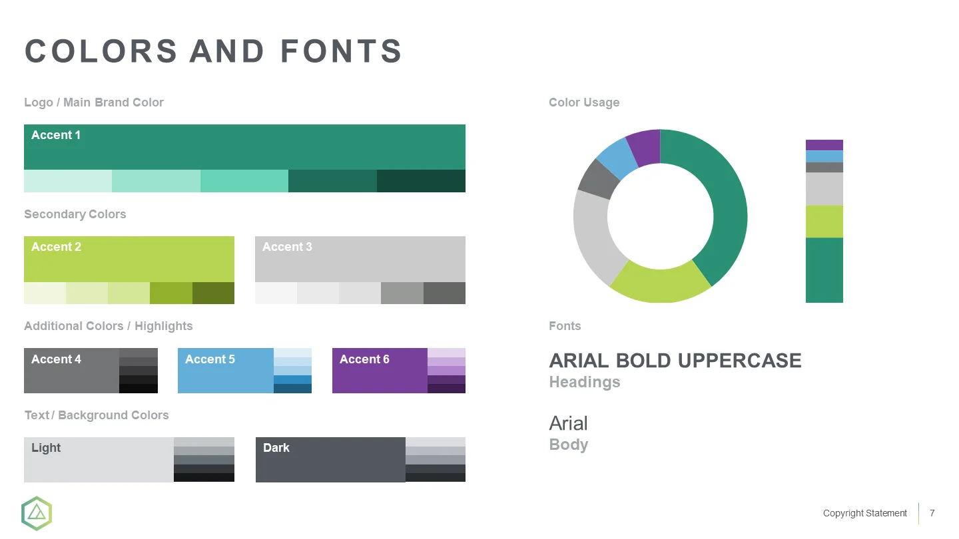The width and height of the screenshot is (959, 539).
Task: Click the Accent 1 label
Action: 56,135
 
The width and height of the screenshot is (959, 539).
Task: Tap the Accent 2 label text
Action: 56,247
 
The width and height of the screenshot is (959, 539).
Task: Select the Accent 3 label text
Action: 287,247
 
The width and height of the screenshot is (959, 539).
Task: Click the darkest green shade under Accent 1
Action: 422,181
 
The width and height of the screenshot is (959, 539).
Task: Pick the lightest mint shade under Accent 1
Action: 68,181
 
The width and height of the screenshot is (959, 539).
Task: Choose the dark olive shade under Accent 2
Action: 213,293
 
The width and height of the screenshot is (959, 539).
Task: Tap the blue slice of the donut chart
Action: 617,158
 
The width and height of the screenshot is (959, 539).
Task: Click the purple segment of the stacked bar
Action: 824,145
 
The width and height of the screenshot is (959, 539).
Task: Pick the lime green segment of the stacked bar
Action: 824,222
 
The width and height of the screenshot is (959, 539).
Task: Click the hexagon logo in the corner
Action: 37,513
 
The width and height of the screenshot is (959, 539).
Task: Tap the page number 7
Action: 932,513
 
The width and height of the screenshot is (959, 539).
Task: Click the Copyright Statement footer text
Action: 865,513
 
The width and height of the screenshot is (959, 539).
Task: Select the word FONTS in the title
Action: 341,51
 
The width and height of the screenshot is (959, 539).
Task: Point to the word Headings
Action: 585,381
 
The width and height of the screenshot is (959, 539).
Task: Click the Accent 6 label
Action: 364,359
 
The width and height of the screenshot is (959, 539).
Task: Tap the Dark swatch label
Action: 276,448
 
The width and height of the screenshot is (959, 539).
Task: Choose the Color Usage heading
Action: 584,102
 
